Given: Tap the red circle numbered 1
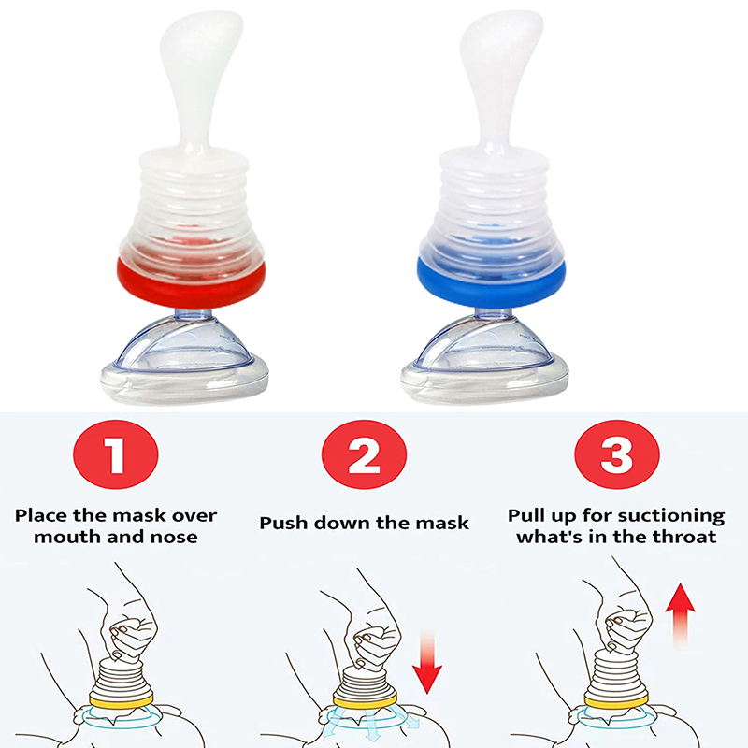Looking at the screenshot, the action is pyautogui.click(x=115, y=454).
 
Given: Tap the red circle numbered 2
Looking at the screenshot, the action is pyautogui.click(x=364, y=454).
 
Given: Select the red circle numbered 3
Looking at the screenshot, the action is pyautogui.click(x=617, y=454).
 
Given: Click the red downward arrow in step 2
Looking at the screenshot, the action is pyautogui.click(x=427, y=662).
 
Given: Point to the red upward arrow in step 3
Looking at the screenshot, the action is pyautogui.click(x=681, y=614).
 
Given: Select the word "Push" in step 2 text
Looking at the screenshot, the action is pyautogui.click(x=283, y=524).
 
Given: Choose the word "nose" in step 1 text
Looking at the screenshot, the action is pyautogui.click(x=174, y=537).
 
